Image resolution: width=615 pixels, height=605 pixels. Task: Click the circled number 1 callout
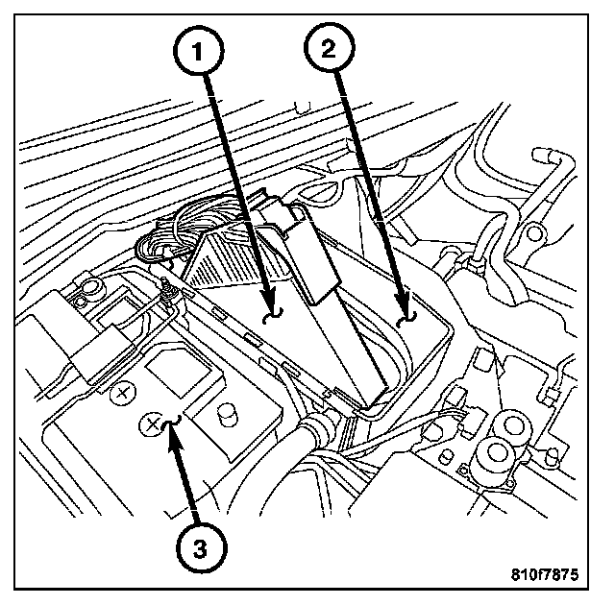pyautogui.click(x=199, y=51)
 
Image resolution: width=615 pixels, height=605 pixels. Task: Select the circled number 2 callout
pyautogui.click(x=329, y=48)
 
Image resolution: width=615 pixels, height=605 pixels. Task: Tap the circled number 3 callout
pyautogui.click(x=201, y=547)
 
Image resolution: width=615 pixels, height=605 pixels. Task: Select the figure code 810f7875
pyautogui.click(x=545, y=574)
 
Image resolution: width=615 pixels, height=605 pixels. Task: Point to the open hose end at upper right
pyautogui.click(x=543, y=155)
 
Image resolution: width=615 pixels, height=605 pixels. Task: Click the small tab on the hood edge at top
pyautogui.click(x=302, y=107)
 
